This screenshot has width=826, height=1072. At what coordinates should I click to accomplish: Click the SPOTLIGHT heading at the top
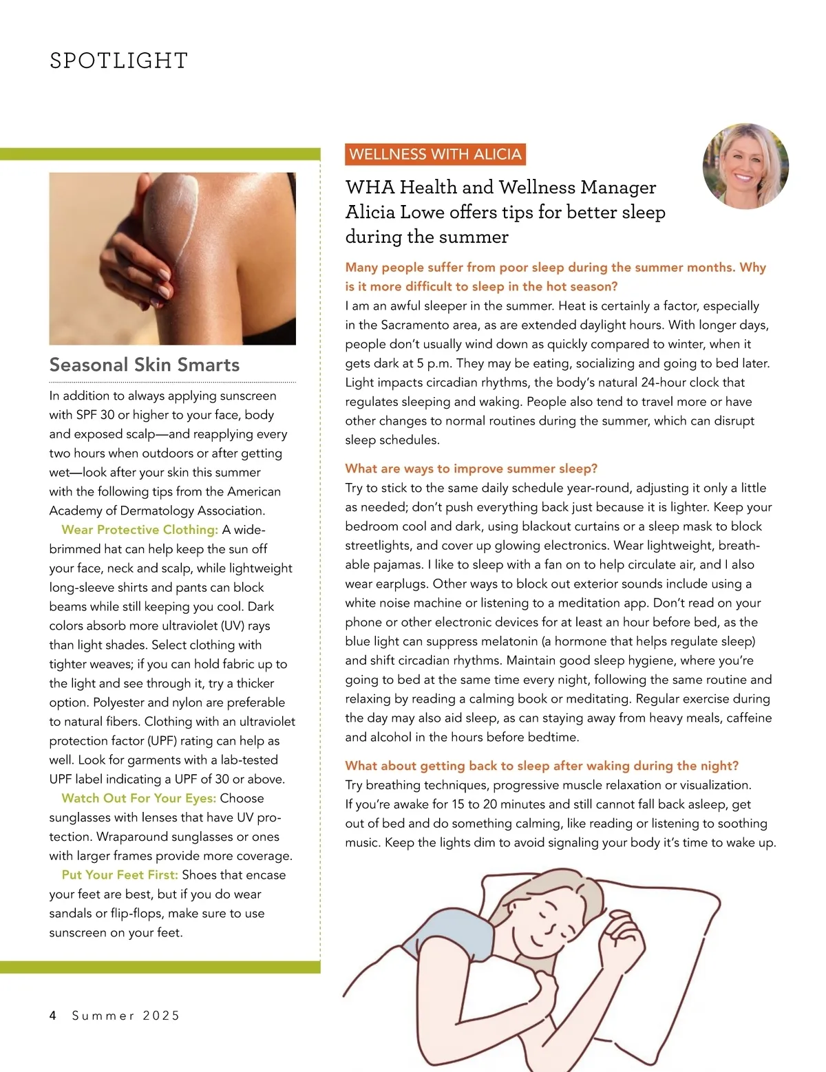click(118, 61)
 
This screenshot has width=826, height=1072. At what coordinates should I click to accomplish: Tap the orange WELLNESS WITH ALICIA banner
click(435, 154)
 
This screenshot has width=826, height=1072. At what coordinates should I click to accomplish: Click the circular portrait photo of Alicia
click(745, 166)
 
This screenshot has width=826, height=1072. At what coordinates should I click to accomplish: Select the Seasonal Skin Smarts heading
click(145, 365)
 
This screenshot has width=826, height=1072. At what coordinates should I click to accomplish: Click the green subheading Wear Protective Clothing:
click(140, 530)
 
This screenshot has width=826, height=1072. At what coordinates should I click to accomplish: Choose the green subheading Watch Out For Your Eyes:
click(139, 798)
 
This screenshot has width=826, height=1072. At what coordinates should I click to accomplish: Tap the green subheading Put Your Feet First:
click(120, 875)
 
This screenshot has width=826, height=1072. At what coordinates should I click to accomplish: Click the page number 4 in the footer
click(53, 1016)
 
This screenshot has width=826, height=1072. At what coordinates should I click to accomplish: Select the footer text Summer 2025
click(126, 1016)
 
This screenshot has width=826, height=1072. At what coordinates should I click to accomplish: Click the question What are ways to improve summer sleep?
click(472, 469)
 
